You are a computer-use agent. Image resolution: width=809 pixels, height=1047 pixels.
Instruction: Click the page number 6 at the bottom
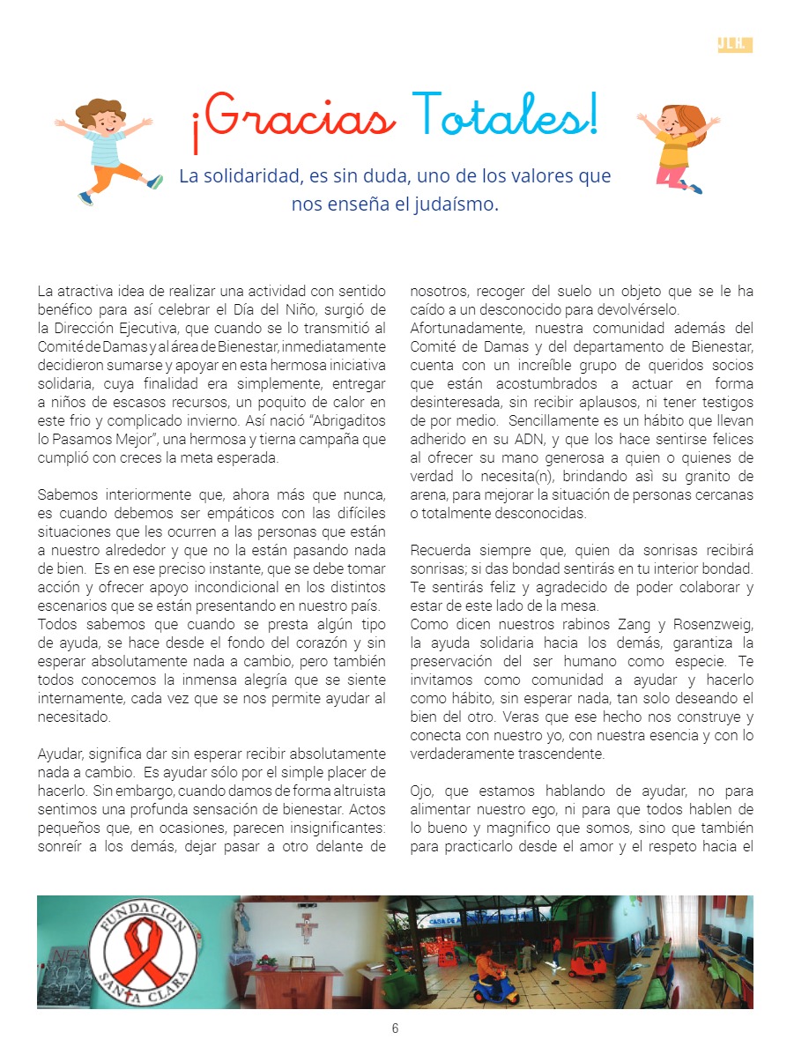396,1028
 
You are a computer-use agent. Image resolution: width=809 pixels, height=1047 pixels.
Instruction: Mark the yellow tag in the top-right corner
734,45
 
